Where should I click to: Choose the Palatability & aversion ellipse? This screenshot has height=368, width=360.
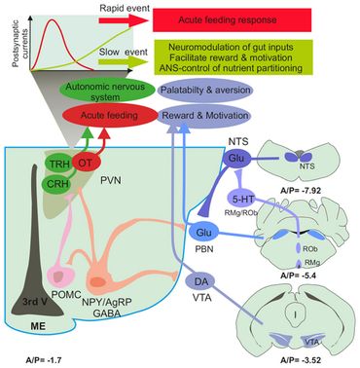coord(207,92)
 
